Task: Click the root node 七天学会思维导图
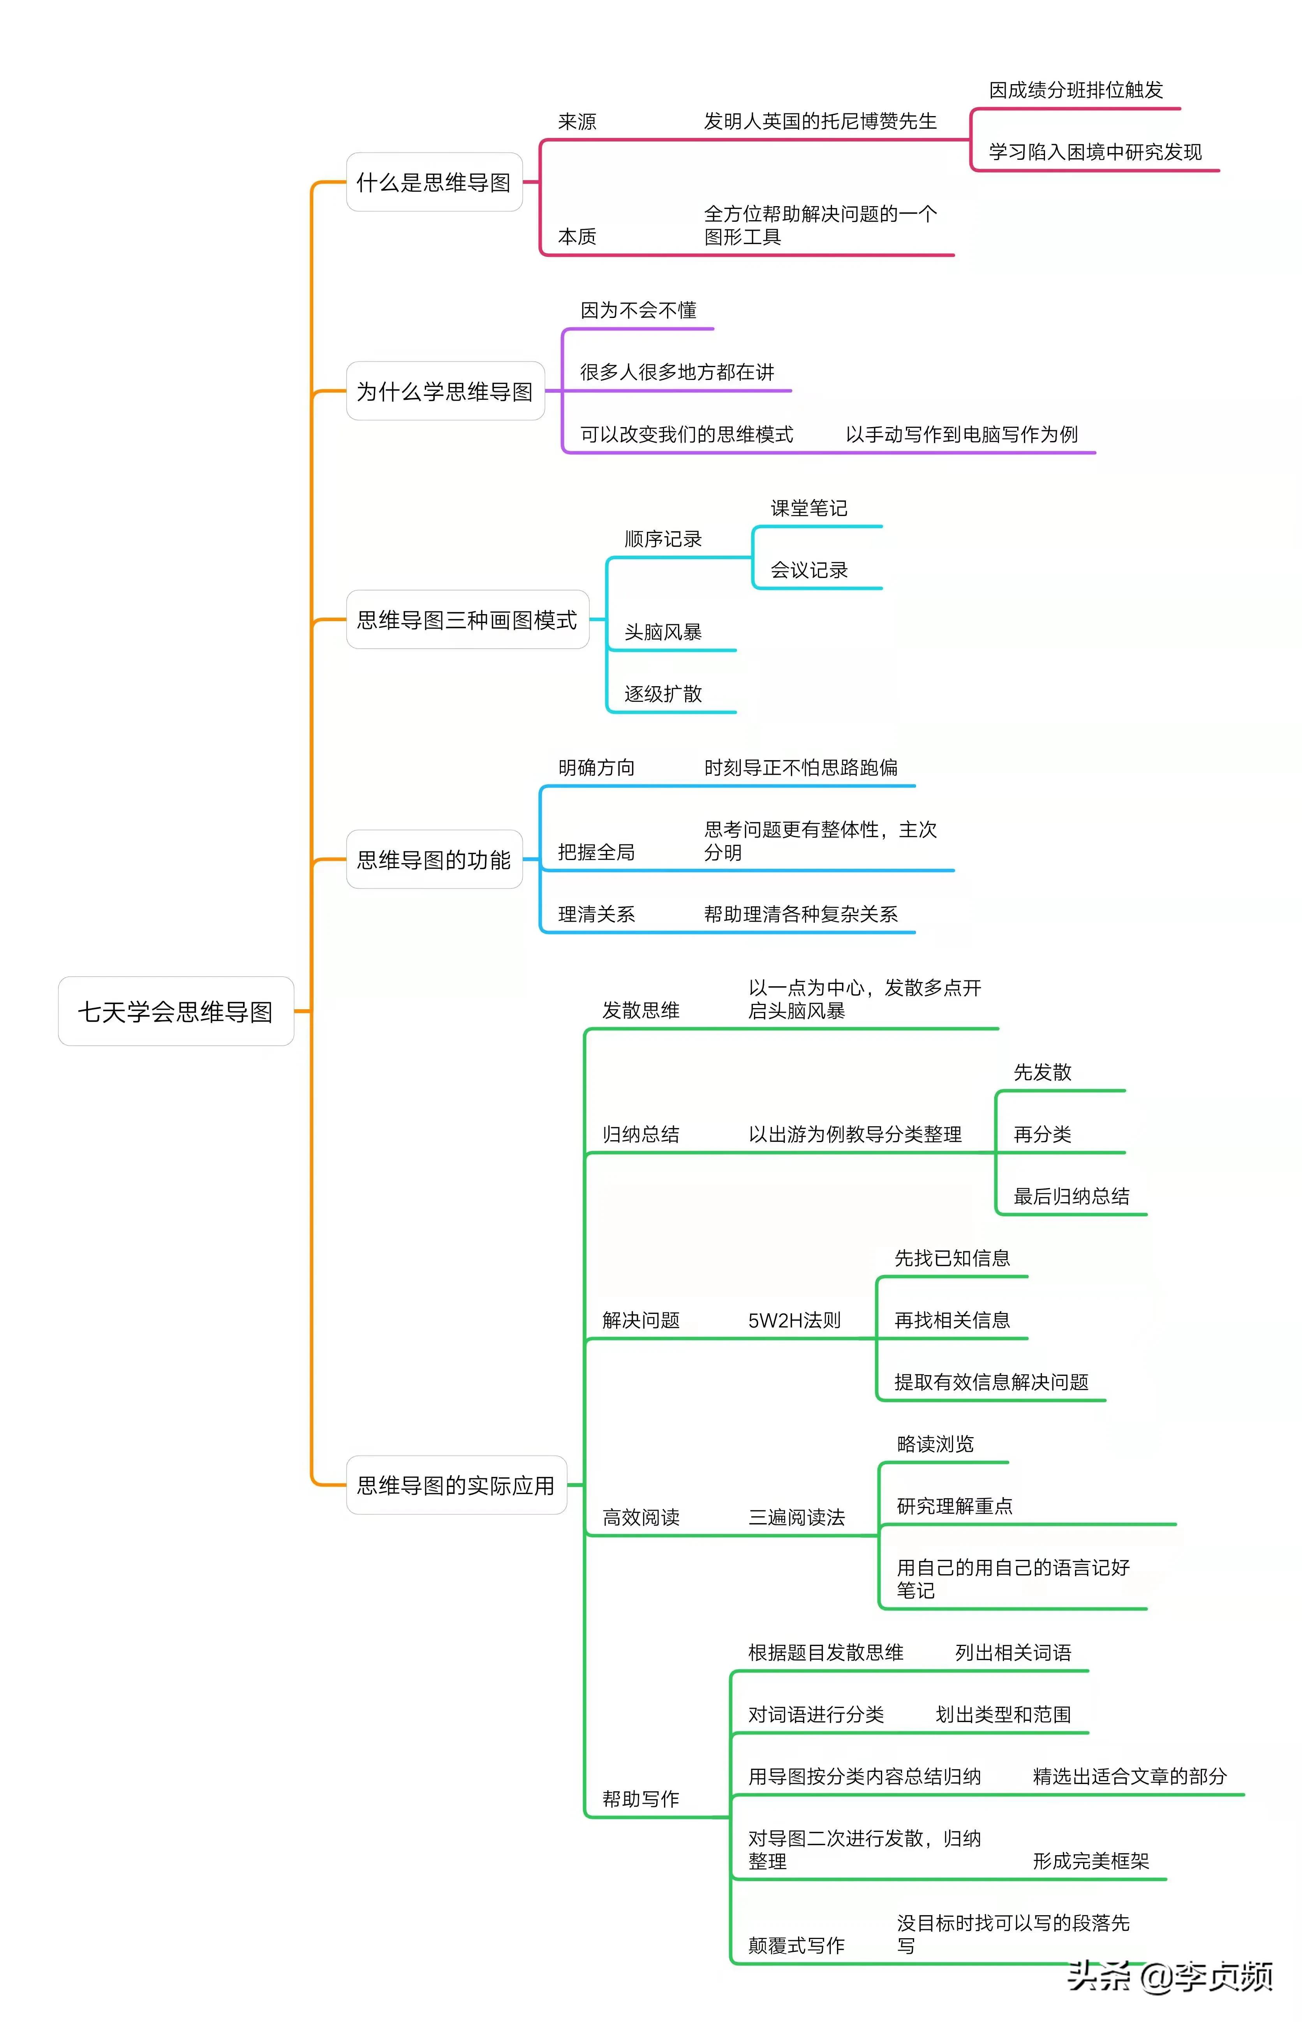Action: tap(176, 1012)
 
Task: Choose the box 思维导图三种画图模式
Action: tap(467, 620)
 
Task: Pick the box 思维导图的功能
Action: tap(434, 860)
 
